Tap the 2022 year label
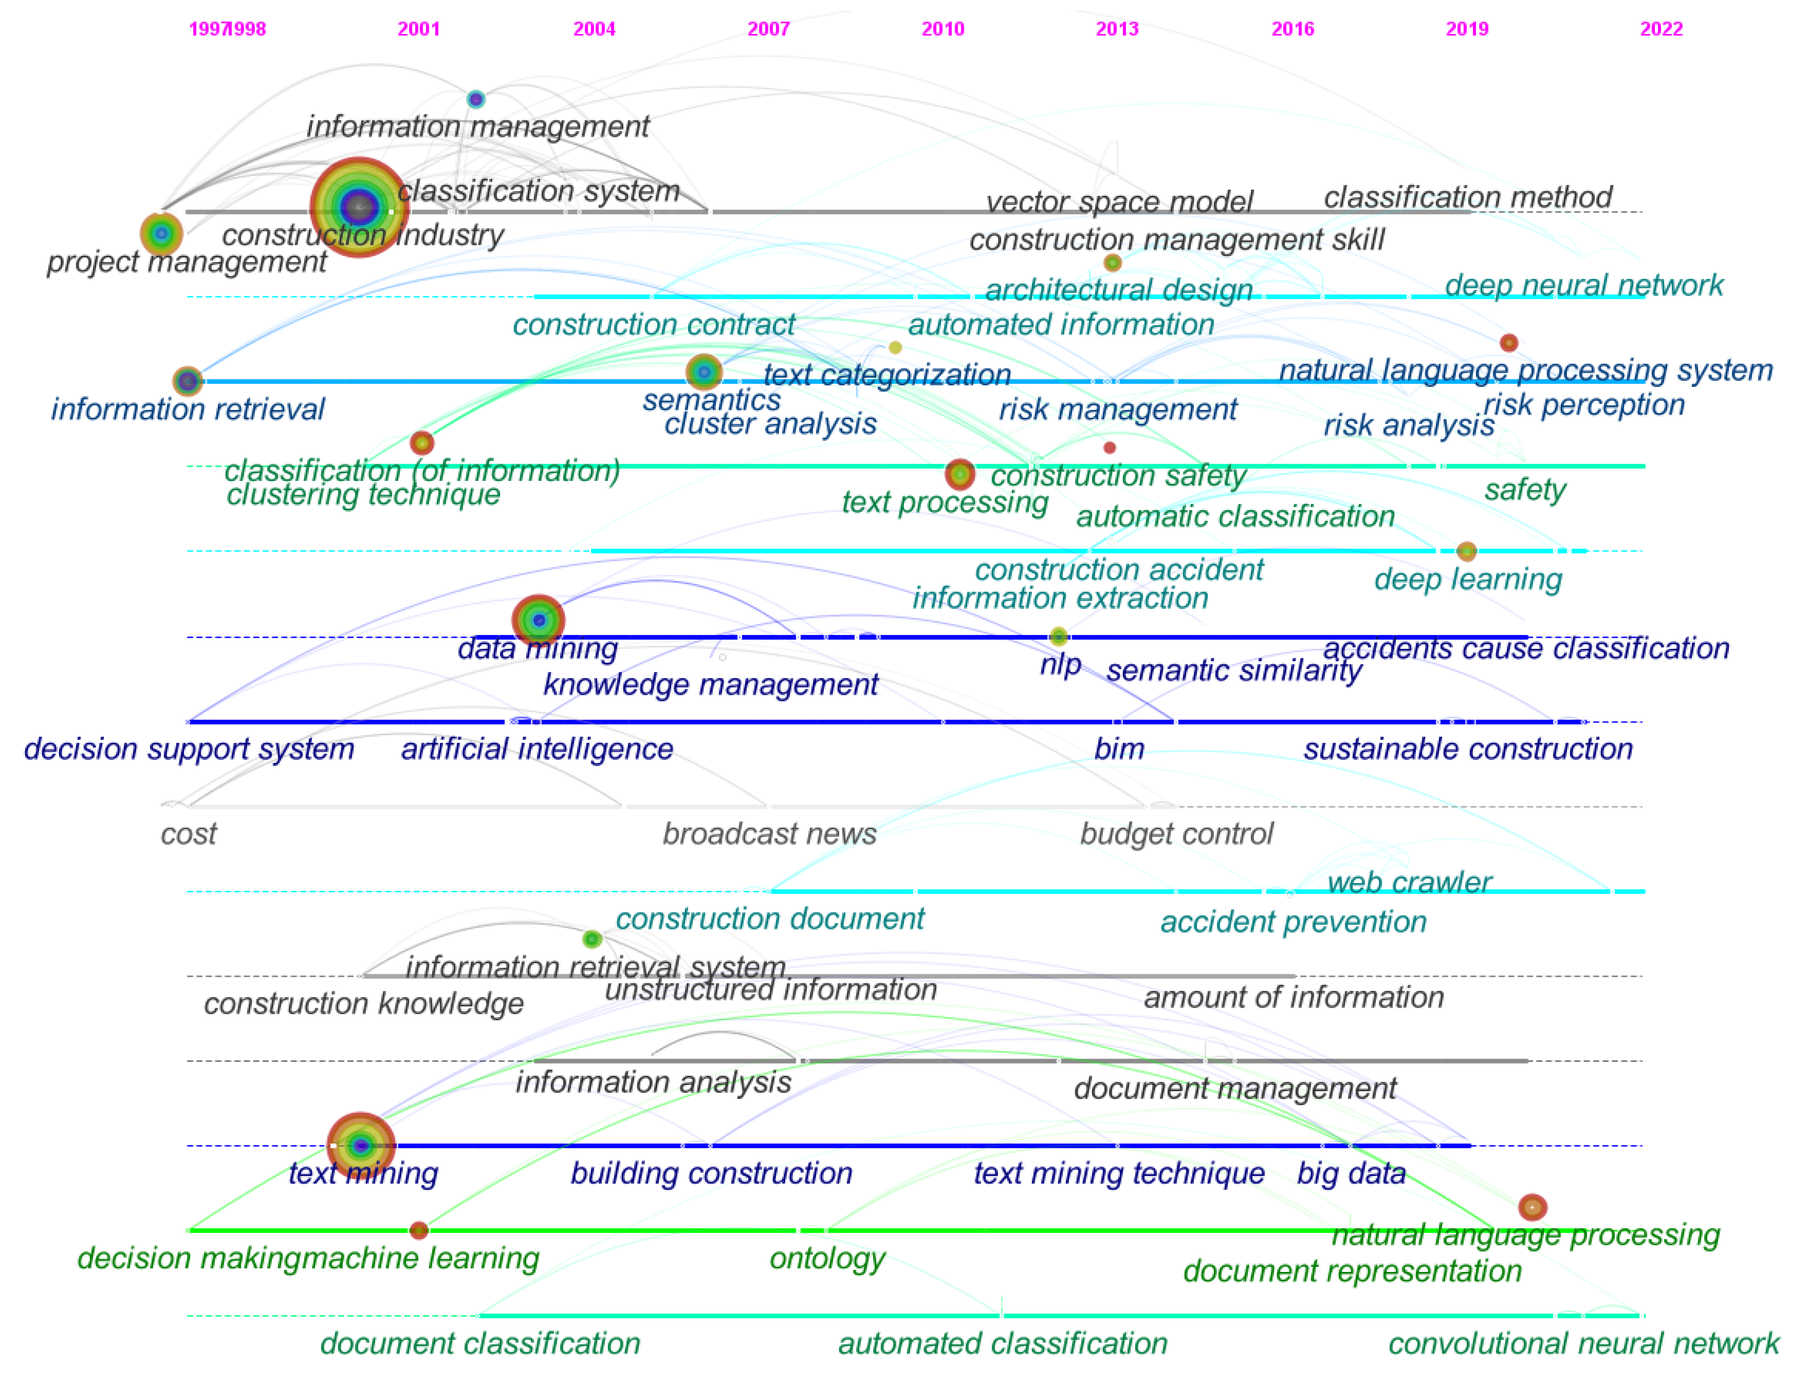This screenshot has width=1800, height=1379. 1660,30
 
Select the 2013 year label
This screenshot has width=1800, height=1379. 1117,30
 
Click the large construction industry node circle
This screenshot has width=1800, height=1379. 359,207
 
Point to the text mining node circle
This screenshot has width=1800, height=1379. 361,1145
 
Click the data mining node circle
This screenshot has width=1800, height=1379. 538,620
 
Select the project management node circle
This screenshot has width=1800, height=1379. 161,234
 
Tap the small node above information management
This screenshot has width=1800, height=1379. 475,99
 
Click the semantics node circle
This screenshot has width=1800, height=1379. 704,372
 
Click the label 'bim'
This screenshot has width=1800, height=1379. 1119,749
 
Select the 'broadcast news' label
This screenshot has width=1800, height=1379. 770,834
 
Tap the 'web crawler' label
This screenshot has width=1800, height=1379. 1409,882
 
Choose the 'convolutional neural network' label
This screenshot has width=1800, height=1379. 1583,1343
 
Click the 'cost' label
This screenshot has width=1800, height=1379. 188,834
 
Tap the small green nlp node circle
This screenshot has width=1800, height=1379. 1059,636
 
